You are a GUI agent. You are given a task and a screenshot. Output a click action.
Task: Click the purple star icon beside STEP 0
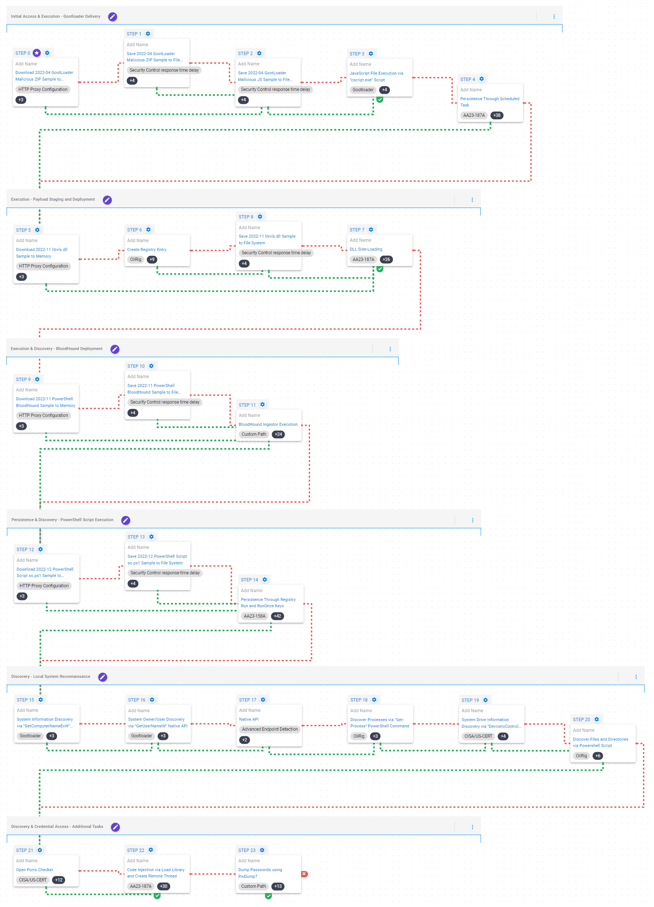tap(37, 53)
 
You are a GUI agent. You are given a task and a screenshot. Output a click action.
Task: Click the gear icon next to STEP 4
tap(482, 79)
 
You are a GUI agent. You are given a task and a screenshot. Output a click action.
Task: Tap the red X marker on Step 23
tap(304, 874)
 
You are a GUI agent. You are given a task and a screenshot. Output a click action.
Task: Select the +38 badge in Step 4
tap(497, 115)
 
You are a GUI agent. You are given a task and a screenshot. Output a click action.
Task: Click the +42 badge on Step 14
tap(277, 616)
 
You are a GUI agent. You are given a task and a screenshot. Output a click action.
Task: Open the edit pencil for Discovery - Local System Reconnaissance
tap(103, 677)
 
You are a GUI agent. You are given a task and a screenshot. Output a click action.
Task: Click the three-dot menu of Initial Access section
tap(554, 16)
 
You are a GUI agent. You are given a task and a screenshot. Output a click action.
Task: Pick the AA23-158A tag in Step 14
tap(254, 616)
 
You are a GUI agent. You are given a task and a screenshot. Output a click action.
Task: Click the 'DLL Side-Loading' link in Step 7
tap(366, 249)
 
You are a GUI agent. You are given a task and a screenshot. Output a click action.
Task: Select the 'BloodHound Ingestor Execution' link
tap(268, 424)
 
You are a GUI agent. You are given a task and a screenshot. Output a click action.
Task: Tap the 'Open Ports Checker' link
tap(34, 870)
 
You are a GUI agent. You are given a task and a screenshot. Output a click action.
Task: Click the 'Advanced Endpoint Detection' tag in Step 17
tap(270, 729)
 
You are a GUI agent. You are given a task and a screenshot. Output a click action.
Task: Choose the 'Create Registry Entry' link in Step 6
tap(146, 249)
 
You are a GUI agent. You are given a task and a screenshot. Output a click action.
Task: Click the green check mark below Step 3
tap(380, 99)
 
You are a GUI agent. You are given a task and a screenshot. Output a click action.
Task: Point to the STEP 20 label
tap(581, 720)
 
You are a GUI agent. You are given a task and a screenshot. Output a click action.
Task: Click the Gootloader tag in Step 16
tap(142, 736)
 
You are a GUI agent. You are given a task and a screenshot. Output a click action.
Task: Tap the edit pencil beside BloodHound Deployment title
tap(115, 349)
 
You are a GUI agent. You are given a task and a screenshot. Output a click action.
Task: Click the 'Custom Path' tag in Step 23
tap(253, 886)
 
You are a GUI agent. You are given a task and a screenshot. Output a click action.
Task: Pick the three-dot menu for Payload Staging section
tap(472, 200)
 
